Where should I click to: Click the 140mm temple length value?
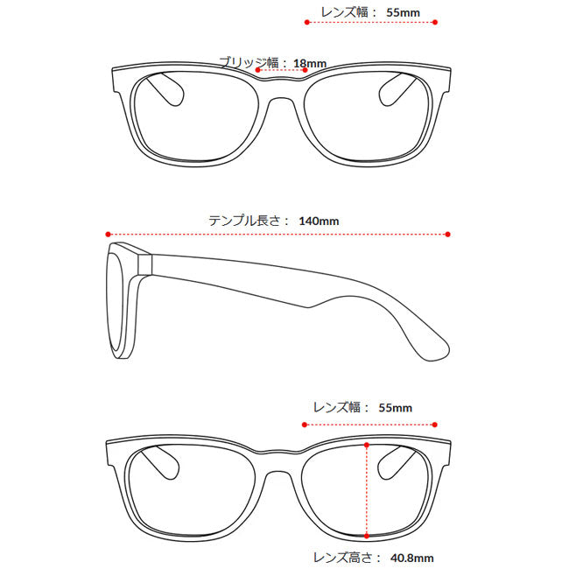(x=319, y=221)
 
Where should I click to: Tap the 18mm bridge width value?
(x=310, y=64)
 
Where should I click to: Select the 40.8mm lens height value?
(x=412, y=558)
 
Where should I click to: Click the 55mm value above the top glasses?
(x=404, y=13)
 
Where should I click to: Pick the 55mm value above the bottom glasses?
(x=395, y=408)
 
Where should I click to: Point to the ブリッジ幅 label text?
(x=249, y=63)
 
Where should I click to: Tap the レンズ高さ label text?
(x=342, y=558)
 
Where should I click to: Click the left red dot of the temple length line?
(x=108, y=235)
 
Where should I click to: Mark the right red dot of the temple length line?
(x=448, y=235)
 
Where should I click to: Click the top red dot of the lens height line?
(x=367, y=445)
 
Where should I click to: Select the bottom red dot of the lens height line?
(x=367, y=536)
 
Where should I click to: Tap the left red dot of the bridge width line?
(x=257, y=70)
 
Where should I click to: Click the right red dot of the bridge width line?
(x=306, y=70)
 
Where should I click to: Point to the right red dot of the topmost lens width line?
(x=435, y=23)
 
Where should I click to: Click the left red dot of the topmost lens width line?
(x=307, y=23)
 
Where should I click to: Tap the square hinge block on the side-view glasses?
(x=144, y=264)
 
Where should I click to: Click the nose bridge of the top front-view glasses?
(x=282, y=89)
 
